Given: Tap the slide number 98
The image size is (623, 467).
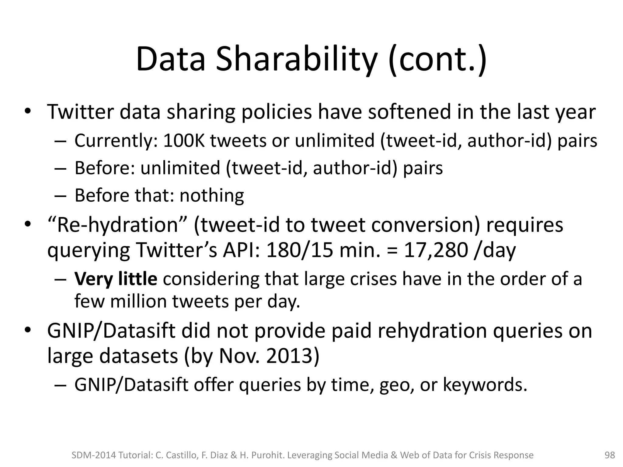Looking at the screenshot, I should pyautogui.click(x=610, y=455).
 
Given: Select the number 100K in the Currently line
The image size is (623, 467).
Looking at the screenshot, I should pyautogui.click(x=184, y=141).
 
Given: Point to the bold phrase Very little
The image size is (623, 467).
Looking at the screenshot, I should pyautogui.click(x=116, y=279).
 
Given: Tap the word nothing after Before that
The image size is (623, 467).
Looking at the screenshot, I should pyautogui.click(x=212, y=195).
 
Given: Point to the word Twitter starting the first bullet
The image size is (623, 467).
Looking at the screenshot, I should pyautogui.click(x=80, y=112).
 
